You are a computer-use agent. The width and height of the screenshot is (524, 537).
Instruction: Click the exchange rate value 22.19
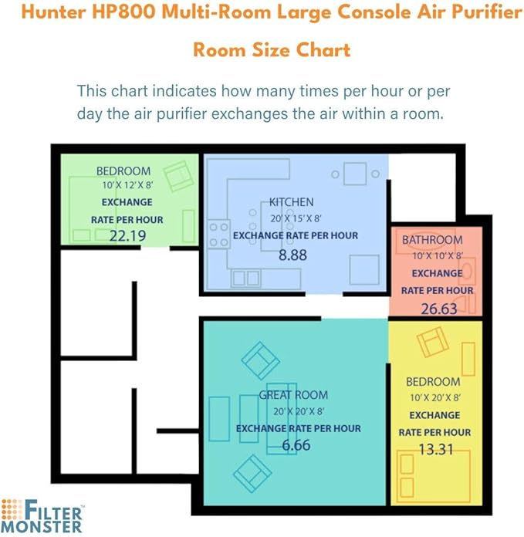point(127,236)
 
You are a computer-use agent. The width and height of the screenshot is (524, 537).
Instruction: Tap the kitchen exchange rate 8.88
point(292,253)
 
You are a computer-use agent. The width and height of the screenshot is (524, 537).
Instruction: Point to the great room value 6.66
point(296,445)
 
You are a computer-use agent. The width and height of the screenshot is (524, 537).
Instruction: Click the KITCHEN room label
point(292,202)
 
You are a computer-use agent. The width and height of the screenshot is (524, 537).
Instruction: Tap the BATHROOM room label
point(432,240)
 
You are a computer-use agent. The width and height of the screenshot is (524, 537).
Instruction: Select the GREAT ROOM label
point(293,396)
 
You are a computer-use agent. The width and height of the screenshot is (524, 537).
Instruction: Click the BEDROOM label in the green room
point(123,171)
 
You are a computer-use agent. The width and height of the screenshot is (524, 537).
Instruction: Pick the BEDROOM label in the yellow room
point(433,382)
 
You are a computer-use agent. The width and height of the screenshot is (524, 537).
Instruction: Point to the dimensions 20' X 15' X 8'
point(295,218)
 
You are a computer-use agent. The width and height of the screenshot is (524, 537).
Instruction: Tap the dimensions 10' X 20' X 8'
point(434,398)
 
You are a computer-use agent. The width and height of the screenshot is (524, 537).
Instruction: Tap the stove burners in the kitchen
point(219,235)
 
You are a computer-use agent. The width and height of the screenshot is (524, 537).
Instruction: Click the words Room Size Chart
point(271,50)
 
